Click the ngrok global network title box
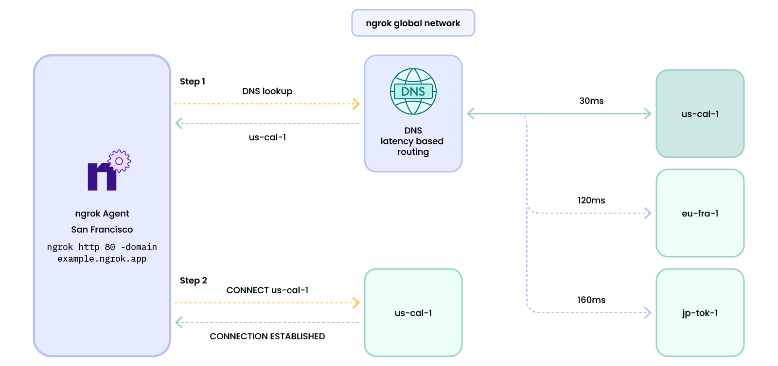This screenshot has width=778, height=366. point(413,23)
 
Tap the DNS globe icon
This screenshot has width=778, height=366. point(413,91)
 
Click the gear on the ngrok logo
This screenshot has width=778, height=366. point(119,161)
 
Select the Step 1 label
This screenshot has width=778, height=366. point(193,82)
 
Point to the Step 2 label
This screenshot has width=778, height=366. point(194,281)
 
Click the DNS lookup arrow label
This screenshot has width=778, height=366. point(267,91)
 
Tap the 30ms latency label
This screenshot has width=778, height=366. point(591,101)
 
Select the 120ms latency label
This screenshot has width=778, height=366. point(591,200)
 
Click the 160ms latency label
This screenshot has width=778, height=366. point(591,300)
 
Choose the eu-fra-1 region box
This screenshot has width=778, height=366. point(700,213)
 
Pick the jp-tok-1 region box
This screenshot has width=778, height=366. point(700,313)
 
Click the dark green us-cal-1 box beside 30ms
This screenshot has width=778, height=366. point(700,114)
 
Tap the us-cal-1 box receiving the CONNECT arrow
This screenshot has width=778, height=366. point(413,313)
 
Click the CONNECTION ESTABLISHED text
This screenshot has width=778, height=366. point(267,336)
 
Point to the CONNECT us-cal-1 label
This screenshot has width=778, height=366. point(267,290)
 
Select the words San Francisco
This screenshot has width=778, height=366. point(102,230)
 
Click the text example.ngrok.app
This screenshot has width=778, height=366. point(102,259)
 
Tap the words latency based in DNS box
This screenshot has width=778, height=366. point(412,141)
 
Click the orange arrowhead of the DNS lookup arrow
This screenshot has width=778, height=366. point(356,104)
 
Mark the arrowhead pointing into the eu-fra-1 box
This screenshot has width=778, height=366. point(648,213)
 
